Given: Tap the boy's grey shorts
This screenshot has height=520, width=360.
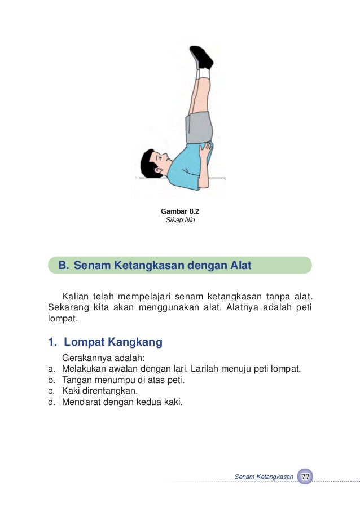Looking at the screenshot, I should coord(199,127).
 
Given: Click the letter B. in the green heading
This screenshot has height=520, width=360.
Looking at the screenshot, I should coord(63,265).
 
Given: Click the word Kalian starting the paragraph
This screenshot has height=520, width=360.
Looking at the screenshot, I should coord(77,297).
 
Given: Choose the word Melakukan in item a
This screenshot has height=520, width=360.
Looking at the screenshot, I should coord(84,369).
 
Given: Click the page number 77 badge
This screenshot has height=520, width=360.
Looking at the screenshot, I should coord(305,477).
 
